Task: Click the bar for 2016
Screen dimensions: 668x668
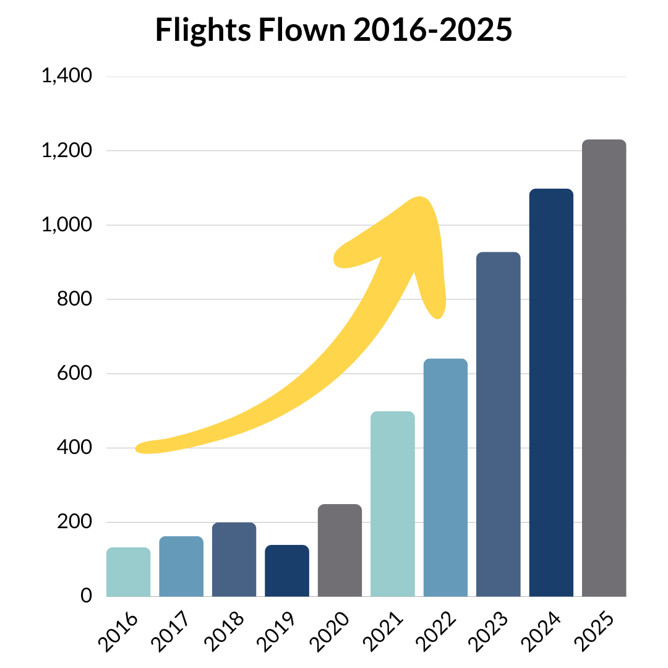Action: point(128,572)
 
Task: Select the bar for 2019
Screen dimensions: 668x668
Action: point(287,570)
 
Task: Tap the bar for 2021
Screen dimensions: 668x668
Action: point(392,503)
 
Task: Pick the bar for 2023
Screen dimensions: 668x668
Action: point(498,424)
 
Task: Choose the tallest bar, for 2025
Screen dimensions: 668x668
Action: point(604,367)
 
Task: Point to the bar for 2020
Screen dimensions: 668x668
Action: point(340,550)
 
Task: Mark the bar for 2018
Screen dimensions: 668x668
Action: point(234,559)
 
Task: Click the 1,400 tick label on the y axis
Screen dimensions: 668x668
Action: point(66,76)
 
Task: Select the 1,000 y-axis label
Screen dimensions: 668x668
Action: point(66,225)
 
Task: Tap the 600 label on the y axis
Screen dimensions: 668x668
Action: point(74,373)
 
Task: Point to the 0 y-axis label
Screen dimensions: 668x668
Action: point(86,596)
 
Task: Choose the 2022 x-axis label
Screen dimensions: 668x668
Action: point(435,631)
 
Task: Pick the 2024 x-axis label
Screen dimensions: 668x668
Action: point(541,631)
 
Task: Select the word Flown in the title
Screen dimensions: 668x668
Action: point(302,30)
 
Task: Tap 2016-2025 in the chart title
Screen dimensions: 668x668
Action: point(433,30)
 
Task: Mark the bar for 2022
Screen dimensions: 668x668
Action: point(445,477)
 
